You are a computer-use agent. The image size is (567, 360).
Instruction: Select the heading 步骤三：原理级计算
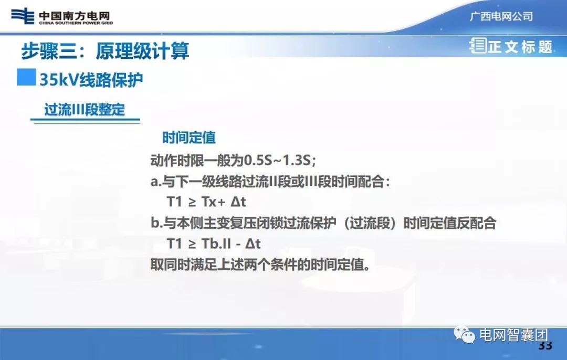coord(105,51)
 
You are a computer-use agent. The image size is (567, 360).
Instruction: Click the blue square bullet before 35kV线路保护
coord(26,77)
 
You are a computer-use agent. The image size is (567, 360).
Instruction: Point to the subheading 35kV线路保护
coord(91,79)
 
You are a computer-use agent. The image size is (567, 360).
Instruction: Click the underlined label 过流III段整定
coord(85,110)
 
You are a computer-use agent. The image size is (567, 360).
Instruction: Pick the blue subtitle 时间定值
coord(189,137)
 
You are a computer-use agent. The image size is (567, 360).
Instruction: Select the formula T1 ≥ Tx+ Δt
coord(206,202)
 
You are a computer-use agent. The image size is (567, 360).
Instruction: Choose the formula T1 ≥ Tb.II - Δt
coord(213,243)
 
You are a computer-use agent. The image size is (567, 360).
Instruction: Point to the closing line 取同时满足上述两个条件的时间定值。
coord(260,264)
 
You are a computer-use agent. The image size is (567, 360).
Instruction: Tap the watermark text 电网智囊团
coord(513,335)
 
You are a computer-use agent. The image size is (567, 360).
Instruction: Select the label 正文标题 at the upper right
coord(520,47)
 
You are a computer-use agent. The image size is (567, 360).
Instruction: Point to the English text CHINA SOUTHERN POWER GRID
coord(76,23)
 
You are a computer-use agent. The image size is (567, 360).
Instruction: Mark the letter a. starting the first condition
coord(155,181)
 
